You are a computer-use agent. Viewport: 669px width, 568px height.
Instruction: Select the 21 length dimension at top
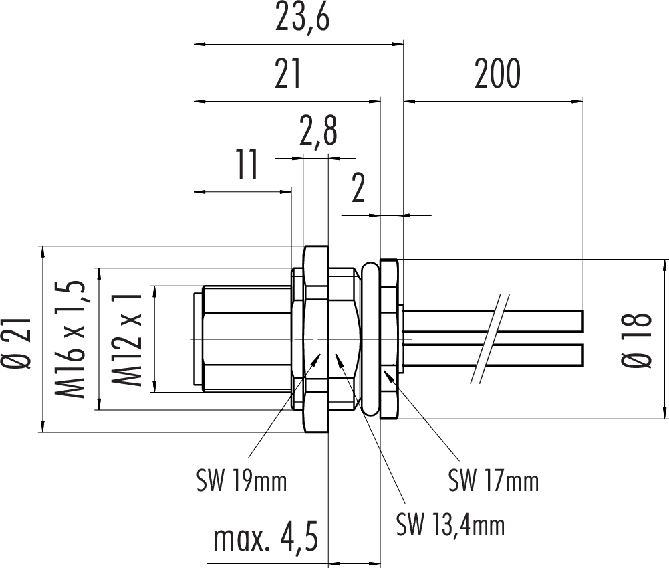288,75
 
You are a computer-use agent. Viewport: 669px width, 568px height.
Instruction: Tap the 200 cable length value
497,75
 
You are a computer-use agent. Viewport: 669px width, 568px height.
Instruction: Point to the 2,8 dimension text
317,132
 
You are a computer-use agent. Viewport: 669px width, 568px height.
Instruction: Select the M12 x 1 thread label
128,339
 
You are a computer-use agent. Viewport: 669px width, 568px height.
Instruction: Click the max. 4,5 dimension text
265,539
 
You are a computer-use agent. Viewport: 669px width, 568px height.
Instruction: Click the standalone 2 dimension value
358,190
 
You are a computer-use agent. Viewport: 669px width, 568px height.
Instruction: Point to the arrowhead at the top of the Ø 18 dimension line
664,264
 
